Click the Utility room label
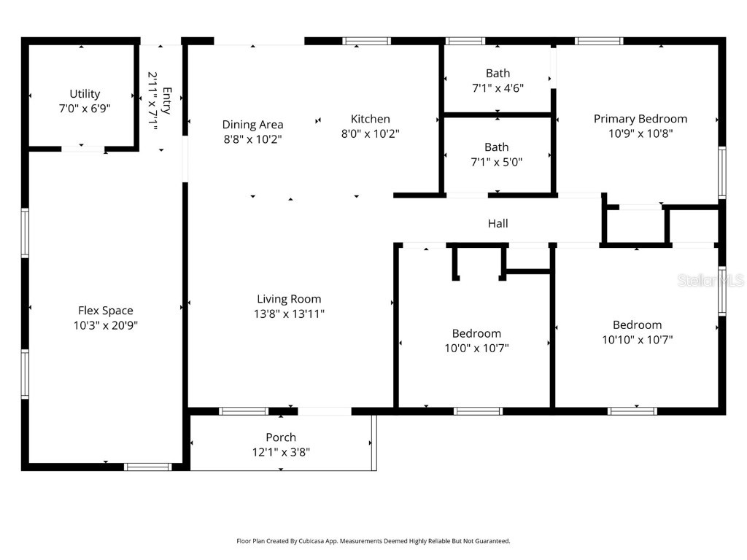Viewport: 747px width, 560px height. click(85, 93)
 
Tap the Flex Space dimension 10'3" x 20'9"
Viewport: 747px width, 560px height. click(105, 326)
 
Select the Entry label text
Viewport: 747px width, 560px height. click(166, 101)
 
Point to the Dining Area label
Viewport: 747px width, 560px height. click(252, 125)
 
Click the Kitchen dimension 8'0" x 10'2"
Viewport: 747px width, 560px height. click(370, 133)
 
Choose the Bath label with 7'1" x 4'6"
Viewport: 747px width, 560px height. click(498, 73)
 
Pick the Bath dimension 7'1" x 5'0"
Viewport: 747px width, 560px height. click(497, 162)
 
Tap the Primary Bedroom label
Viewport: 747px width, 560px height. click(640, 119)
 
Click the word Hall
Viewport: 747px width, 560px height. click(498, 223)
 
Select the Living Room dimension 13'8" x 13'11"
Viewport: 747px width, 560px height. click(289, 314)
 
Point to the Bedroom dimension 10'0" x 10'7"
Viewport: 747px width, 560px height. click(476, 348)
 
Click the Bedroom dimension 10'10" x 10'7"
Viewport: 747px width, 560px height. click(637, 339)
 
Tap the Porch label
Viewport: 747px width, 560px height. click(281, 437)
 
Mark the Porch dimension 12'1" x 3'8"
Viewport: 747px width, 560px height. click(281, 452)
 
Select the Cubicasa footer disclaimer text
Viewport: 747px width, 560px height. click(373, 541)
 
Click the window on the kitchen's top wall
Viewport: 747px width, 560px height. click(367, 42)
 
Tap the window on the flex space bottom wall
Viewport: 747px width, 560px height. click(147, 466)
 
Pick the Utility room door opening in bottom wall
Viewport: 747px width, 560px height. click(82, 149)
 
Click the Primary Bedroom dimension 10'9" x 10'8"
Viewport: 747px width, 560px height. click(640, 133)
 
